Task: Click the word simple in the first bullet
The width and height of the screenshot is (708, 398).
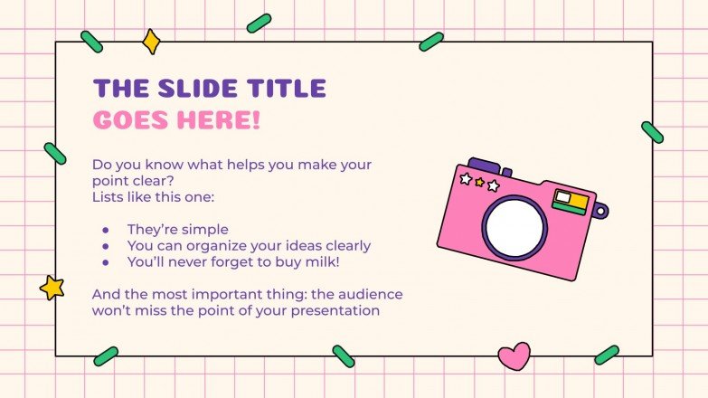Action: coord(204,230)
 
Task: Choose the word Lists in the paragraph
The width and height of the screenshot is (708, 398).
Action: coord(109,196)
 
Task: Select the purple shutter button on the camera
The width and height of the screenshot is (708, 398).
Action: coord(483,166)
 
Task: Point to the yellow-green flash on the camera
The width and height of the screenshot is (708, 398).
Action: coord(571,202)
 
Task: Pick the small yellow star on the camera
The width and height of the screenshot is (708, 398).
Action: coord(479,182)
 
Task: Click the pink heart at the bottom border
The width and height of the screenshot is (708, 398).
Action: coord(514,355)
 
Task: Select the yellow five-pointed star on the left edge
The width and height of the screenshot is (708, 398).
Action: coord(52,288)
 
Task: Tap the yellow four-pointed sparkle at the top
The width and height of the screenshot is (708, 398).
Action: coord(151,42)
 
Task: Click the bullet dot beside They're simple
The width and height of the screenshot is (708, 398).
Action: coord(105,230)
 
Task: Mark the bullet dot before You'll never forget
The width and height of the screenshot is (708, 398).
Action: coord(105,262)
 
